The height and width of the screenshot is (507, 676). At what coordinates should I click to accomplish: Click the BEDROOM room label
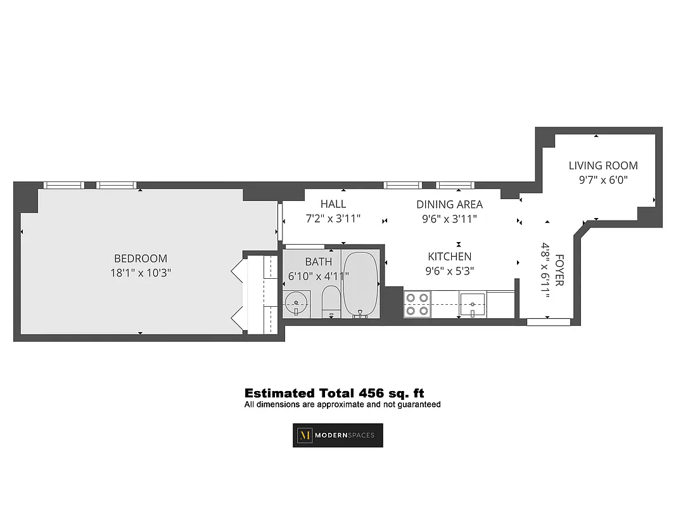(x=141, y=259)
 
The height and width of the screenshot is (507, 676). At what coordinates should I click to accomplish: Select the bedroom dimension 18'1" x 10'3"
(x=141, y=273)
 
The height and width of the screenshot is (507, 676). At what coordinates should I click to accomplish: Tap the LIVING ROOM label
(x=603, y=165)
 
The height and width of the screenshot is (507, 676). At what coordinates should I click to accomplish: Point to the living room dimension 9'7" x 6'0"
(x=603, y=179)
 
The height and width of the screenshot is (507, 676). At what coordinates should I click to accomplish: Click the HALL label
(x=333, y=204)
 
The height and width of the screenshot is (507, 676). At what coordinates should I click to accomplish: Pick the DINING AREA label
(x=449, y=204)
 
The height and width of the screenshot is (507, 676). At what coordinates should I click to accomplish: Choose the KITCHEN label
(x=449, y=257)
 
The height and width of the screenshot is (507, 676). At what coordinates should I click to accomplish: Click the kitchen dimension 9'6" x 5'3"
(x=449, y=271)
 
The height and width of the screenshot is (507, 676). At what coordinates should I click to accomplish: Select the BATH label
(x=318, y=261)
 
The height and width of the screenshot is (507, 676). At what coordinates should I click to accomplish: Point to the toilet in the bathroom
(x=331, y=302)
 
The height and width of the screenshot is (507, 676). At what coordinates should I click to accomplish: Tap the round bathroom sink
(x=296, y=302)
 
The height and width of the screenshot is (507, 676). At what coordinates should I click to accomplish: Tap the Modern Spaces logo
(x=338, y=435)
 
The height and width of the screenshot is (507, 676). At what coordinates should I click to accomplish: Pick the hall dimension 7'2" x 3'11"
(x=333, y=219)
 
